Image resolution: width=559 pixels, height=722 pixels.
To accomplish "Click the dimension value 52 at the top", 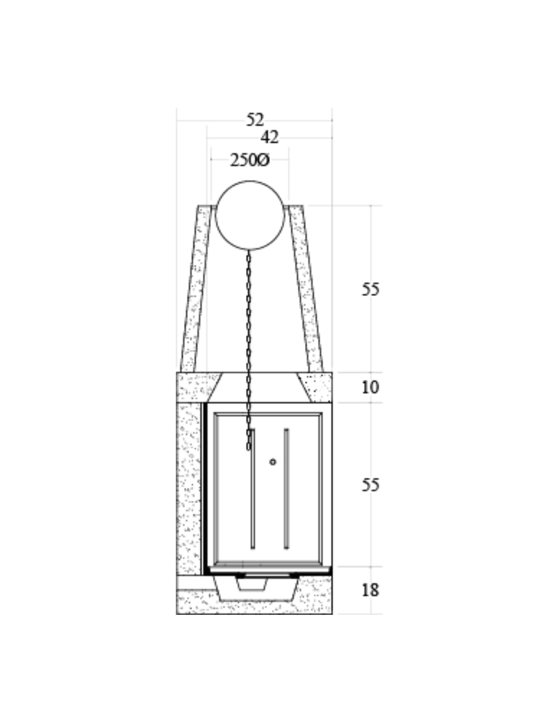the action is (x=255, y=120).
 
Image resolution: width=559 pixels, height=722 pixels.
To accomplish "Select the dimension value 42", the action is (x=269, y=137).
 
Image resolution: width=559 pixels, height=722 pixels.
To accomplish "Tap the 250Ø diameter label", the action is (x=250, y=160).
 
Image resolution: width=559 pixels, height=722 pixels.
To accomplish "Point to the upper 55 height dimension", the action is (x=370, y=289).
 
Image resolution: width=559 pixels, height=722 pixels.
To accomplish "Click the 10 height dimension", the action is (x=370, y=387).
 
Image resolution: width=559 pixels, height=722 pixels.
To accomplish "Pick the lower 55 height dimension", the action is (x=370, y=485).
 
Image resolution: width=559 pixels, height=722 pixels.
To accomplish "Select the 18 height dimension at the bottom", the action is (x=370, y=590).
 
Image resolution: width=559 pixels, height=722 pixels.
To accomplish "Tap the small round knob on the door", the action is (x=273, y=462).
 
